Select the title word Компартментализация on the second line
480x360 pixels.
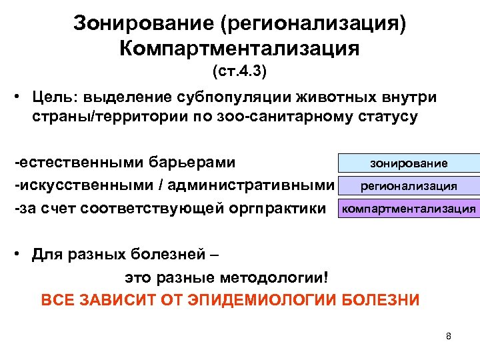(239, 48)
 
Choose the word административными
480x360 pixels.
(261, 185)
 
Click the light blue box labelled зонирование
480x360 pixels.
(409, 163)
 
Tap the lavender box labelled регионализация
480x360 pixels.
(409, 186)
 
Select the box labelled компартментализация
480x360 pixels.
(409, 209)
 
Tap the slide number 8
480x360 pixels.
(449, 336)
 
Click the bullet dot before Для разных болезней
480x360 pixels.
(21, 255)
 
